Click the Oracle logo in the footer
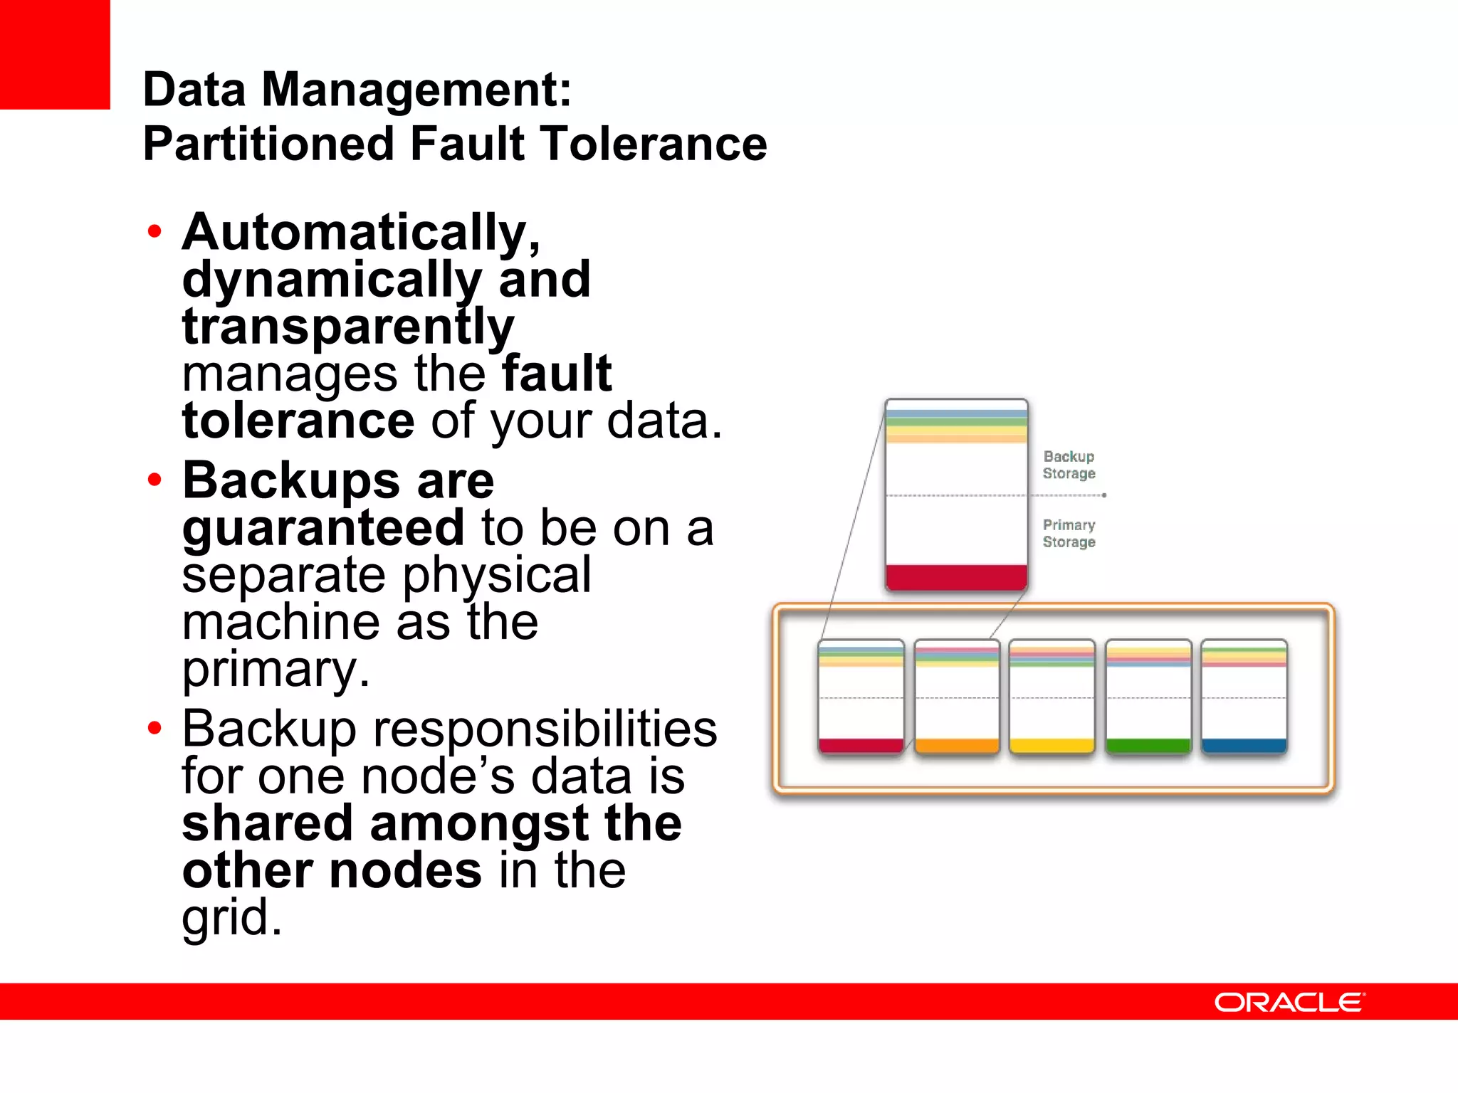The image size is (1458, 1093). pyautogui.click(x=1289, y=1003)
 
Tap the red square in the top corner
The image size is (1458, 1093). pyautogui.click(x=55, y=54)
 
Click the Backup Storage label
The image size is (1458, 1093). pyautogui.click(x=1069, y=465)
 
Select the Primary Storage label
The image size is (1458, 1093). pyautogui.click(x=1069, y=533)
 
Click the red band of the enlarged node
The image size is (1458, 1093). pyautogui.click(x=956, y=577)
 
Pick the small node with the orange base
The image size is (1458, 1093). pyautogui.click(x=957, y=697)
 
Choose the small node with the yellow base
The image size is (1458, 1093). pyautogui.click(x=1052, y=697)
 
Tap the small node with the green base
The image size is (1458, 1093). pyautogui.click(x=1148, y=697)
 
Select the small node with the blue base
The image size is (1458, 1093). pyautogui.click(x=1244, y=697)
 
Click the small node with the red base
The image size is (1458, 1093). pyautogui.click(x=861, y=697)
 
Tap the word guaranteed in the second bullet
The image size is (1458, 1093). pyautogui.click(x=323, y=527)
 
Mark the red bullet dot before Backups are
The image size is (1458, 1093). pyautogui.click(x=154, y=480)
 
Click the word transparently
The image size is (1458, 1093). pyautogui.click(x=347, y=327)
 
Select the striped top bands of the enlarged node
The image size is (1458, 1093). pyautogui.click(x=956, y=426)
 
